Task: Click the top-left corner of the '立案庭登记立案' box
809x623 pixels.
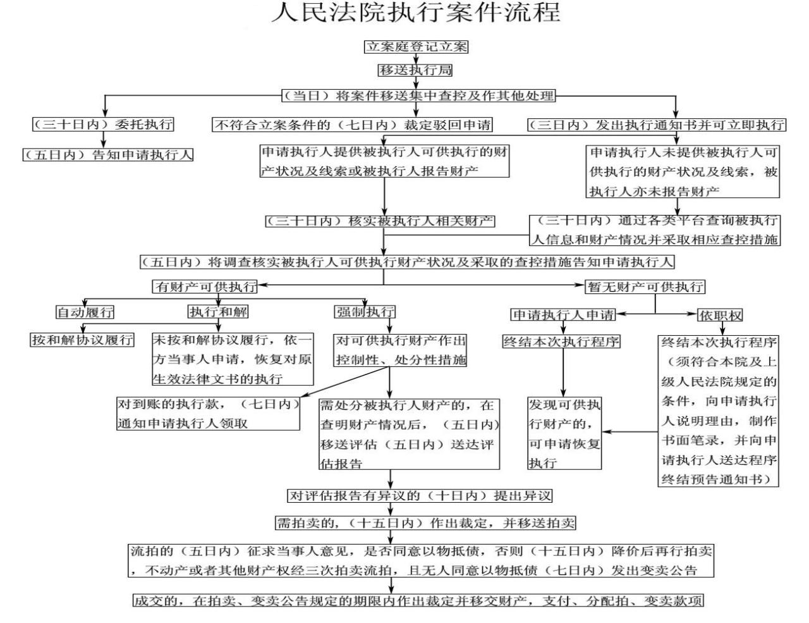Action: (x=365, y=40)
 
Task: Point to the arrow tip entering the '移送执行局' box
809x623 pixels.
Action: (x=416, y=64)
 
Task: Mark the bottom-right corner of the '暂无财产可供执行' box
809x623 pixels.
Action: (x=705, y=293)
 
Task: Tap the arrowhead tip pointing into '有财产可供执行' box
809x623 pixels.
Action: (x=258, y=285)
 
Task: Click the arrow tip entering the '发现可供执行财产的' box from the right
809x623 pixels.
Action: (x=602, y=432)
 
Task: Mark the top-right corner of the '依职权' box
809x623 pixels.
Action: (x=743, y=309)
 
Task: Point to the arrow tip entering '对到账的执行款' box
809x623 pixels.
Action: (x=300, y=397)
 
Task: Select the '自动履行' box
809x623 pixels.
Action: (x=85, y=312)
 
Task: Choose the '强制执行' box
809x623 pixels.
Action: (x=365, y=312)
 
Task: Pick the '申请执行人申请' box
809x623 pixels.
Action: (x=563, y=315)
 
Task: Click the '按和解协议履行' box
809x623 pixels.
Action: (x=82, y=340)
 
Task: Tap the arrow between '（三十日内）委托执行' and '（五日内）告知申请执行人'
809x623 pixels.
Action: (x=104, y=140)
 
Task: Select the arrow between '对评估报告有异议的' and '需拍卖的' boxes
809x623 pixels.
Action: (x=391, y=509)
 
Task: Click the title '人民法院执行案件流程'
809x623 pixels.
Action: (x=416, y=13)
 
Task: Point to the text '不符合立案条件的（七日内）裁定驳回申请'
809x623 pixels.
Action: (x=353, y=125)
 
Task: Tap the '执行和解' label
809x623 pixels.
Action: (x=218, y=312)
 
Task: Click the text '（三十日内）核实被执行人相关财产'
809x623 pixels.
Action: (x=380, y=221)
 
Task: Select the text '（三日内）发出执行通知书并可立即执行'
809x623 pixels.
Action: (x=657, y=125)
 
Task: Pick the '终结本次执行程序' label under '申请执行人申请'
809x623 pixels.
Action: (x=561, y=342)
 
